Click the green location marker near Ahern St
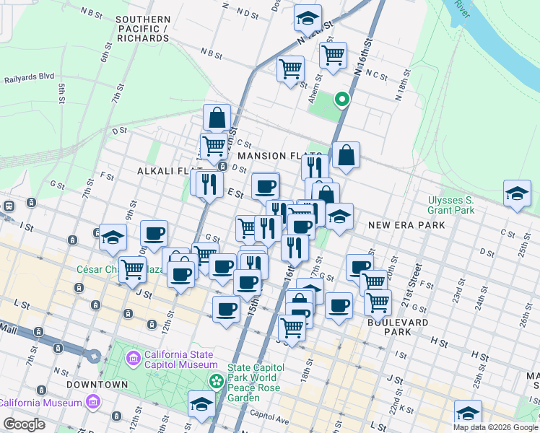[342, 100]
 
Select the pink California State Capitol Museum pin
[134, 358]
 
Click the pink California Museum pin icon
[92, 401]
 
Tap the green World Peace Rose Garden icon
[215, 380]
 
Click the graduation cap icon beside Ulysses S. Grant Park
[517, 193]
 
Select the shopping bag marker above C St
[217, 117]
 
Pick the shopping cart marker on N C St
[333, 53]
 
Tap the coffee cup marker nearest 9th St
[154, 233]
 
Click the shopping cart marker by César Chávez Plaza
[132, 269]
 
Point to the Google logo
[24, 424]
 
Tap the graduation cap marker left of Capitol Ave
[201, 404]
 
